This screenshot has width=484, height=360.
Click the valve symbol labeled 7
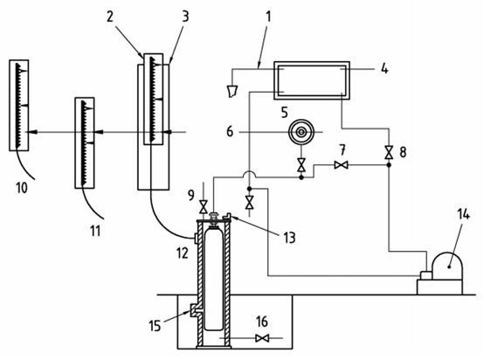[341, 165]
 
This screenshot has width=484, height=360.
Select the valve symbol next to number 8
[389, 152]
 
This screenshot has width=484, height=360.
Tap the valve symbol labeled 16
[262, 338]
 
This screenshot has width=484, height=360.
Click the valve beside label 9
[203, 206]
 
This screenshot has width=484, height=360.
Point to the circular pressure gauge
[301, 132]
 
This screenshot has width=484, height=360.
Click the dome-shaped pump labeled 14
[447, 267]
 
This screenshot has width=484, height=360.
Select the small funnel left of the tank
[232, 92]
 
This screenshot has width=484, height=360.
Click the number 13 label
[289, 238]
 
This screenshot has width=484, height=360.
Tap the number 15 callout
[155, 325]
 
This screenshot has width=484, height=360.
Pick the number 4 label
[384, 69]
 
